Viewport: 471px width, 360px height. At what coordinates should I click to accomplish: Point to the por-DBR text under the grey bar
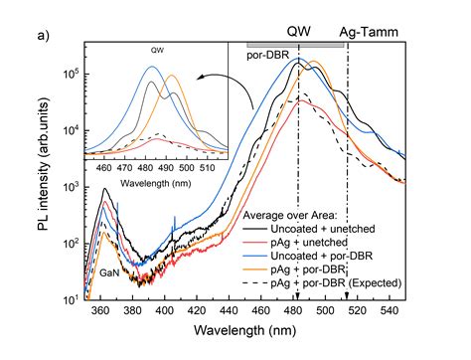267,56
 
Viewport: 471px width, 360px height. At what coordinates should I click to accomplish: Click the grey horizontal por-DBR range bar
294,45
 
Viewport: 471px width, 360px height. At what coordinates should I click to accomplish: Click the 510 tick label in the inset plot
206,167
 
